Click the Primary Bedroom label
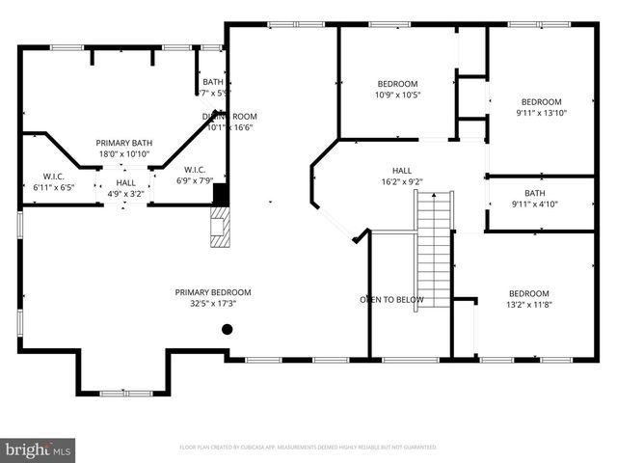pyautogui.click(x=212, y=292)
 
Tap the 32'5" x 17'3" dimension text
pyautogui.click(x=212, y=303)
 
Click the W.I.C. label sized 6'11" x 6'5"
pyautogui.click(x=53, y=177)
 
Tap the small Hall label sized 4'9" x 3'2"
pyautogui.click(x=125, y=182)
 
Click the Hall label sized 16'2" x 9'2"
pyautogui.click(x=401, y=170)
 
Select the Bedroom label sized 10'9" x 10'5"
pyautogui.click(x=397, y=83)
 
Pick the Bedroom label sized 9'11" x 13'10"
pyautogui.click(x=541, y=102)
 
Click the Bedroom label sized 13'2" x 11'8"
pyautogui.click(x=528, y=293)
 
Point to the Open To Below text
pyautogui.click(x=391, y=300)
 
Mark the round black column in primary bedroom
pyautogui.click(x=228, y=330)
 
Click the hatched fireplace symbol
pyautogui.click(x=222, y=229)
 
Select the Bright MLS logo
pyautogui.click(x=39, y=449)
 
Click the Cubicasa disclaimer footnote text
pyautogui.click(x=308, y=448)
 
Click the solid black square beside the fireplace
pyautogui.click(x=221, y=194)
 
